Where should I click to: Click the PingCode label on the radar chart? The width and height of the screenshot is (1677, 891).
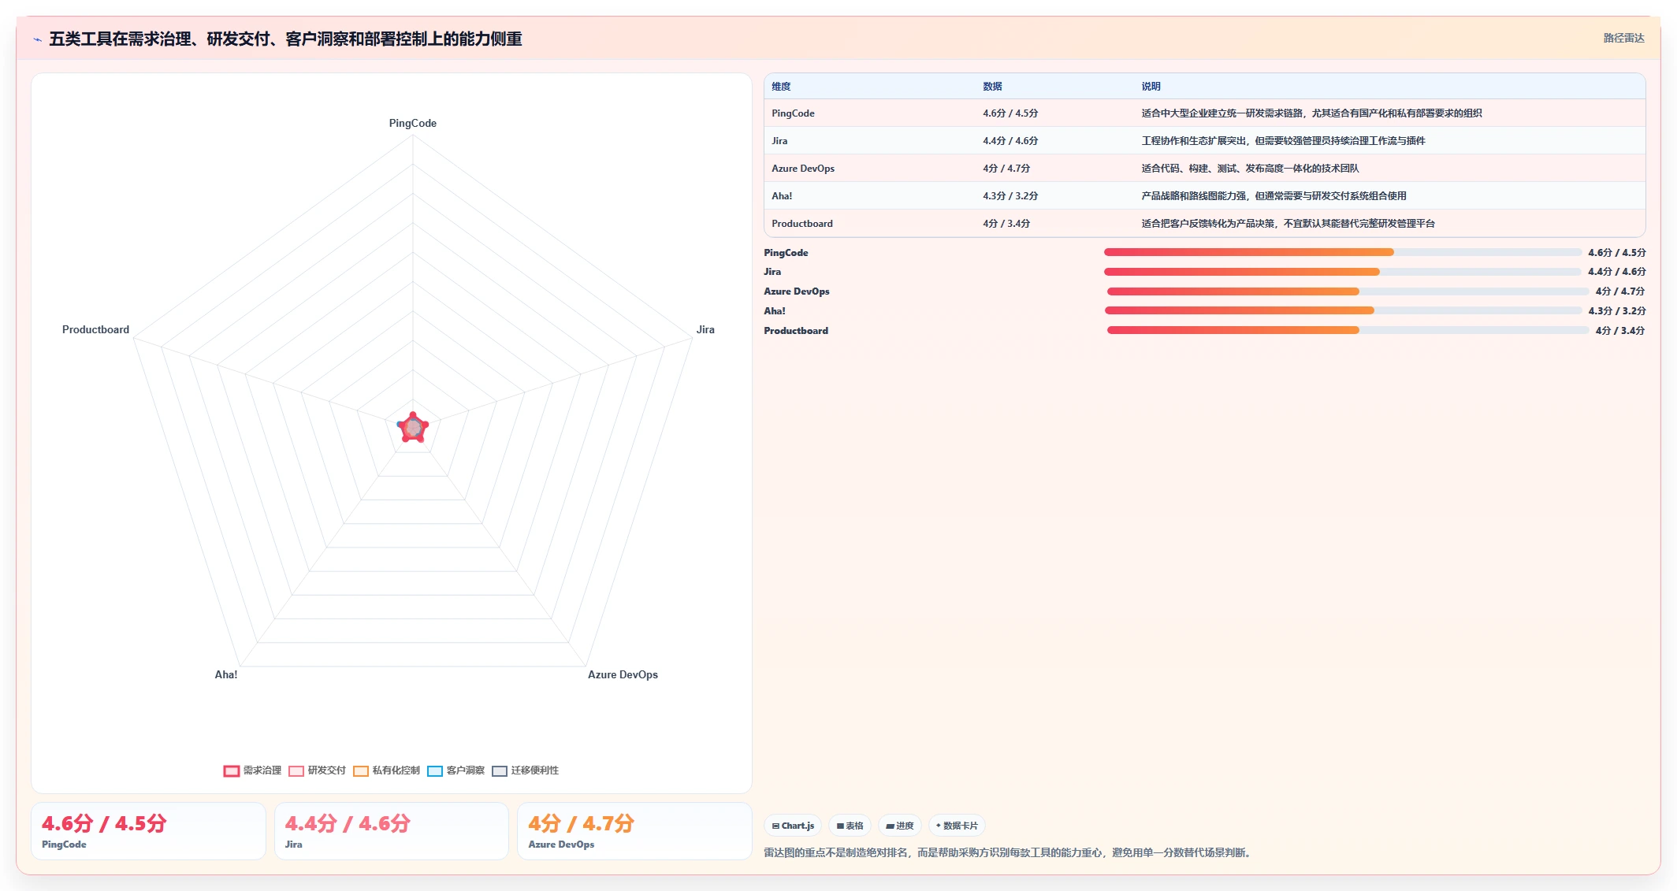412,123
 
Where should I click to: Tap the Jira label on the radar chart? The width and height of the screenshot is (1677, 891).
705,329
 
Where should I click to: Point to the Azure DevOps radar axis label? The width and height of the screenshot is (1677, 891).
623,674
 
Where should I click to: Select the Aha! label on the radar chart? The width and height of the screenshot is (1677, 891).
226,674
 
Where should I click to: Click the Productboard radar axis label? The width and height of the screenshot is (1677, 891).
95,329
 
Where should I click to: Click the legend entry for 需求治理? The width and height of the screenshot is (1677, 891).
252,770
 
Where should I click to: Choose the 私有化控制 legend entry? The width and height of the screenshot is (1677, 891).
386,770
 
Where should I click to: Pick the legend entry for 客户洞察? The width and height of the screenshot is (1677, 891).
456,770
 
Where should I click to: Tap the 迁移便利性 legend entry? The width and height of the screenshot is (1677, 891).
525,770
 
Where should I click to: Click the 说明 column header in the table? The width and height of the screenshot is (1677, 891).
1151,87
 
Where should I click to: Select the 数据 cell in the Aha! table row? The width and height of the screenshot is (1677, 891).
1010,196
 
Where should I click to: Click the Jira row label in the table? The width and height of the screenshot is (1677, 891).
779,141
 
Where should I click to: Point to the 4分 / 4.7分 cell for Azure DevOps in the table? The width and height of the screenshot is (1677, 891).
1006,169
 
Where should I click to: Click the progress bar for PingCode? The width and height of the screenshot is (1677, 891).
1342,252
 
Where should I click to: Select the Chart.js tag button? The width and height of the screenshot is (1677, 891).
793,826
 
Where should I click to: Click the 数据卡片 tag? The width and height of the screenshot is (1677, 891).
957,826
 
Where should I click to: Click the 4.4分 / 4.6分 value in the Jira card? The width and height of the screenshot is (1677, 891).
348,823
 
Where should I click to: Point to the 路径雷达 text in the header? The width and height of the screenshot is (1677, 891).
1623,38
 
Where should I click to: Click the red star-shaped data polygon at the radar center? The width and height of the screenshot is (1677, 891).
413,428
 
